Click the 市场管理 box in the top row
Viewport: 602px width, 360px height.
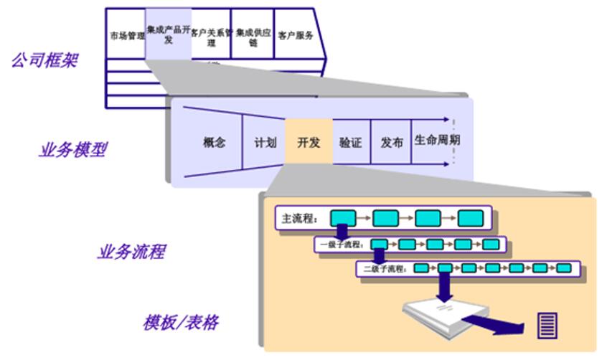click(x=127, y=35)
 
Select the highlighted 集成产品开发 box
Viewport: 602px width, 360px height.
click(x=168, y=34)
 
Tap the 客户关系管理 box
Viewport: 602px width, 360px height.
click(x=211, y=37)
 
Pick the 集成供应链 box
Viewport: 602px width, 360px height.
click(x=253, y=37)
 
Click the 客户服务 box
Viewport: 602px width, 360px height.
click(x=295, y=35)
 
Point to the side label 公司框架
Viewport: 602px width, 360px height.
click(x=44, y=60)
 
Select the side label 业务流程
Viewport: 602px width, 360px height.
click(x=131, y=252)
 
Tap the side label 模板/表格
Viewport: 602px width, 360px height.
click(x=180, y=323)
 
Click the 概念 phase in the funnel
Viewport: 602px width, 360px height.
click(x=214, y=142)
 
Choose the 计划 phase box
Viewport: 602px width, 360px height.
click(x=265, y=142)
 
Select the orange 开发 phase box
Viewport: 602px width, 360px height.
click(x=309, y=142)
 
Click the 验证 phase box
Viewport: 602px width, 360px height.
click(x=350, y=142)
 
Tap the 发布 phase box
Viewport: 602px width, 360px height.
click(x=392, y=142)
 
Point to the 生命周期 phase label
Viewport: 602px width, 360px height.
click(x=437, y=141)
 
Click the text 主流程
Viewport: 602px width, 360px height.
click(x=296, y=217)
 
